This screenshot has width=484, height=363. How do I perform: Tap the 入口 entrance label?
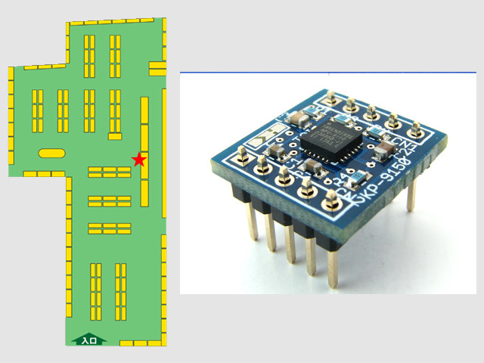(x=89, y=340)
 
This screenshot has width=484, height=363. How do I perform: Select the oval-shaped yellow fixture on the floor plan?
(x=51, y=153)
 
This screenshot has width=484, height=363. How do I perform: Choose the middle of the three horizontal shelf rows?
(x=110, y=201)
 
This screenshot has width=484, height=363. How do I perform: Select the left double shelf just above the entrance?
(x=95, y=290)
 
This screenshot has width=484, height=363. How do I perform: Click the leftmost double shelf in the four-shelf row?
(x=38, y=110)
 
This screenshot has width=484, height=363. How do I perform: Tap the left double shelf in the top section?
(x=89, y=56)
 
